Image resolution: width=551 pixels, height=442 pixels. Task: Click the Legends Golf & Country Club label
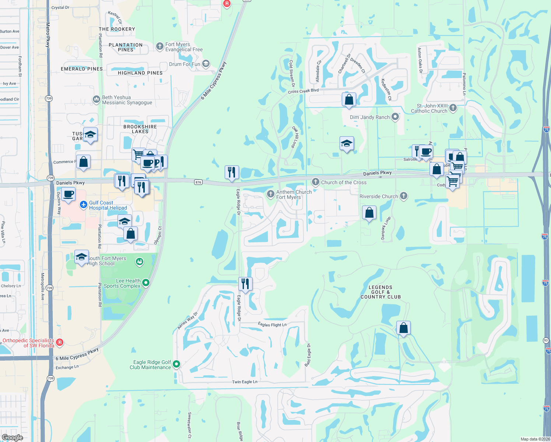click(x=380, y=292)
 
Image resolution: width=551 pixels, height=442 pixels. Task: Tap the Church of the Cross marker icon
click(x=315, y=182)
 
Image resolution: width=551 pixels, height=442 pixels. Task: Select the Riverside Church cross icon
click(x=404, y=196)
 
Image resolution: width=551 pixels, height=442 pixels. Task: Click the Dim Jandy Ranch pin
click(x=395, y=117)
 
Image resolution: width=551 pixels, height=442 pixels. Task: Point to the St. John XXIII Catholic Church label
click(x=429, y=108)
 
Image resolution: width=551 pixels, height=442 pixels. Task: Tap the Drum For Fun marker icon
click(x=206, y=64)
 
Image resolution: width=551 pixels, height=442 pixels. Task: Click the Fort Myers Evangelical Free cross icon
click(x=159, y=46)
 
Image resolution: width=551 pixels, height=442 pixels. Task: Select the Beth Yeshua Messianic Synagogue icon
click(x=96, y=99)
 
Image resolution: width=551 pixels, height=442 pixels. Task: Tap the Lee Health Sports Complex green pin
click(x=146, y=283)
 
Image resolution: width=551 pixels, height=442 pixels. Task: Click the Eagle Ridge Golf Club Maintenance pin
click(x=176, y=364)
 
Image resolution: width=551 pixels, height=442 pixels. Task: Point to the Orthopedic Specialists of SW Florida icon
click(x=60, y=343)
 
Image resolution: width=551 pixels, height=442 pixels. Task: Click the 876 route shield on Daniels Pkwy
click(x=199, y=182)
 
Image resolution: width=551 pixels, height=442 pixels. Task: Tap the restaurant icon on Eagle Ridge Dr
click(x=245, y=284)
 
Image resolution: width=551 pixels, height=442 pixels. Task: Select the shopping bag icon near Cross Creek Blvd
click(x=349, y=99)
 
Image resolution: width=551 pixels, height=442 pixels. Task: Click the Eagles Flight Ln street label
click(x=272, y=325)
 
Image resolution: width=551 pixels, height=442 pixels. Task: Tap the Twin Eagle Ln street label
click(x=245, y=382)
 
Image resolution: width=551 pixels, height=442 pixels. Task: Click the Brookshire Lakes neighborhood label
click(x=140, y=129)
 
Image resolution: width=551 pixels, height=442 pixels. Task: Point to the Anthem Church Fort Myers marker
click(x=270, y=194)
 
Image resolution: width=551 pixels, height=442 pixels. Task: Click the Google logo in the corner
click(x=12, y=437)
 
